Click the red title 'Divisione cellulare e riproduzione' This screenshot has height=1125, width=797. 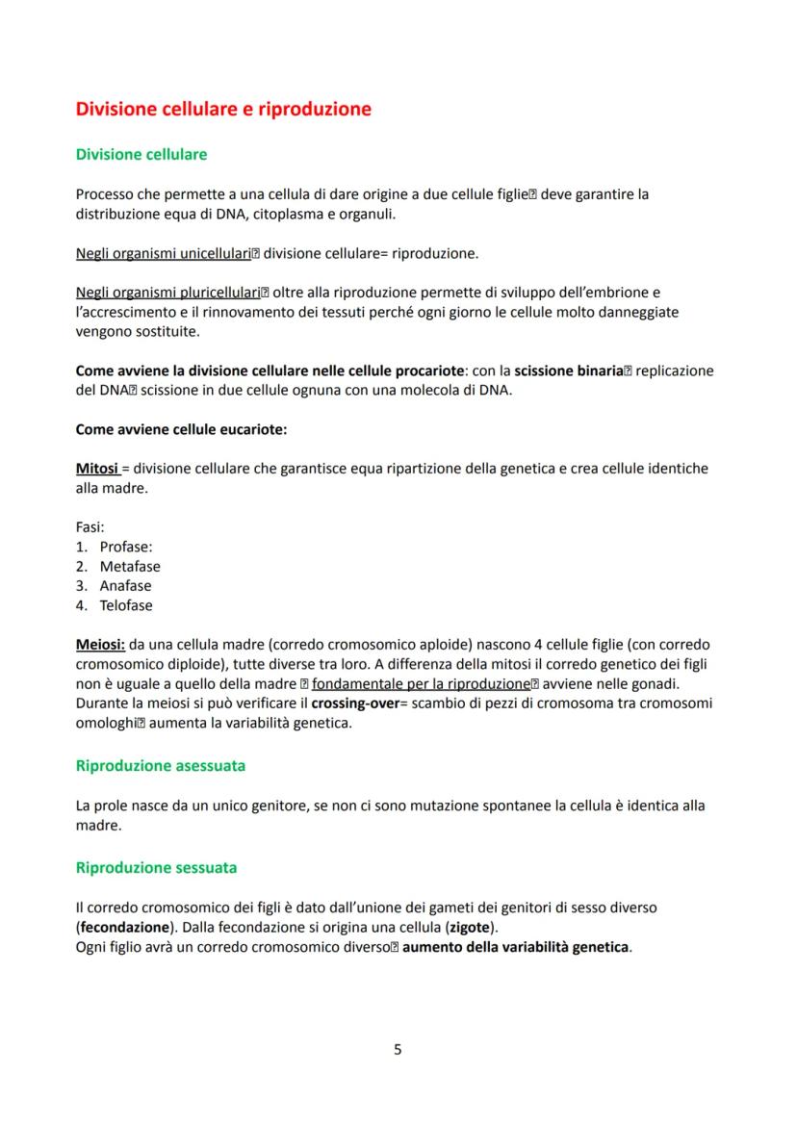pos(223,109)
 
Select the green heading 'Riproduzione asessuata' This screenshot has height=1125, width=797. pos(160,766)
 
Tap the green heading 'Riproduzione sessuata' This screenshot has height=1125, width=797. pos(156,867)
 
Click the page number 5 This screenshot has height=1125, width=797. pos(398,1049)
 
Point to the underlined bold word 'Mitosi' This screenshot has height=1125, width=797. pos(97,469)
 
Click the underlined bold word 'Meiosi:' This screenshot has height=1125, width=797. pos(101,644)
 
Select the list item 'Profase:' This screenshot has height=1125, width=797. pos(126,547)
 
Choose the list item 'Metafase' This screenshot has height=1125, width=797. pos(130,567)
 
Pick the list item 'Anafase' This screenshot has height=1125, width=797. pos(125,586)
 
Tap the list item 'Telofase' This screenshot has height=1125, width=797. pos(126,605)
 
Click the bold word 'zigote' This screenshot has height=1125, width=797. pos(472,927)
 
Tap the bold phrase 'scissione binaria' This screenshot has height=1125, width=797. pos(568,371)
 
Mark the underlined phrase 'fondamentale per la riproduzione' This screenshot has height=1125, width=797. pos(421,684)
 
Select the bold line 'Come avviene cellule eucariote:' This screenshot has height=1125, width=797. pos(181,429)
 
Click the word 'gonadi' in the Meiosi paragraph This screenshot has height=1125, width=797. pos(656,684)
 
